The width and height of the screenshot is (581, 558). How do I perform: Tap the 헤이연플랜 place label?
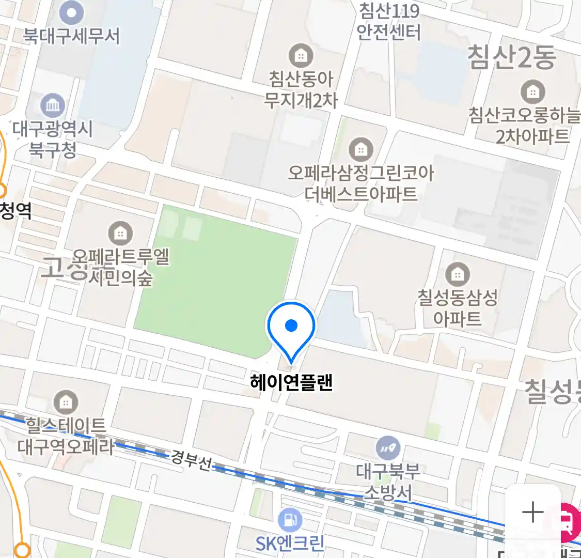coord(291,383)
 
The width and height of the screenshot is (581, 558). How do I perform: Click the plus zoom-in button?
coord(532,513)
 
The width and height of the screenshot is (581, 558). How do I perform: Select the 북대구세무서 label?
coord(71,36)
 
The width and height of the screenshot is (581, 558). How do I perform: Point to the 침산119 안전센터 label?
coord(389,22)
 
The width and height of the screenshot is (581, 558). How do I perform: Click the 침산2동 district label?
coord(511,57)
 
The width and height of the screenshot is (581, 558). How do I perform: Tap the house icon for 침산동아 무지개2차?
coord(301,55)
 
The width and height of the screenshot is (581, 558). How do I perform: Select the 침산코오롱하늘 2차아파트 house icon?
coord(532,92)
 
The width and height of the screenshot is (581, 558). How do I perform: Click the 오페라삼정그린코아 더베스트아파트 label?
coord(361,183)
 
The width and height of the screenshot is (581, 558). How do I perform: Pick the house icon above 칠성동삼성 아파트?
coord(457,274)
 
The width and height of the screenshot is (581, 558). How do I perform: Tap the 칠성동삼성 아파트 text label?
coord(457,308)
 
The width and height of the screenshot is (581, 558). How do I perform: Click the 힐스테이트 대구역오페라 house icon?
coord(66,402)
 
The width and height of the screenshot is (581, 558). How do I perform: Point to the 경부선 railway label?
coord(191,460)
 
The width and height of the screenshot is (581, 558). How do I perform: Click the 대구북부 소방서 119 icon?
coord(388,447)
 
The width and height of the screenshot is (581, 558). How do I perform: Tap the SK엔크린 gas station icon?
coord(290,520)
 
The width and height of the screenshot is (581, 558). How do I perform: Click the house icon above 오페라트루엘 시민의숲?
coord(120,234)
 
